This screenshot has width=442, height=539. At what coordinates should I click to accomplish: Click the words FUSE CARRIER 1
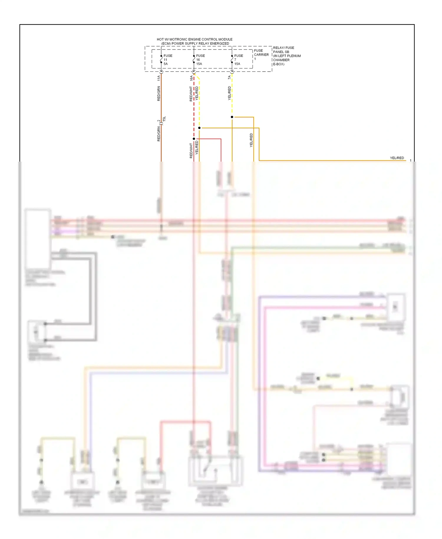coord(261,55)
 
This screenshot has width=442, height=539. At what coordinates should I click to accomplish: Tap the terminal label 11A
coord(159,78)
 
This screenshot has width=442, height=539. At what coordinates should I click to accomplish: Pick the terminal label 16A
coord(191,78)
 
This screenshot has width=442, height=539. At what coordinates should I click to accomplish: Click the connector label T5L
coord(164,119)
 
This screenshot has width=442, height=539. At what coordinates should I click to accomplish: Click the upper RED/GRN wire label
coord(159,94)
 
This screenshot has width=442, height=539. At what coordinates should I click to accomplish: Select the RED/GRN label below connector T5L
coord(159,134)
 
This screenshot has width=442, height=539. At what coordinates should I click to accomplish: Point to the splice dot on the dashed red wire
coord(194,139)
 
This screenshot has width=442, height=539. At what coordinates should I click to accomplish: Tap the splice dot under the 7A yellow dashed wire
coord(232,117)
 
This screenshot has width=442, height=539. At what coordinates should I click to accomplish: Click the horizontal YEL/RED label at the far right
coord(397,158)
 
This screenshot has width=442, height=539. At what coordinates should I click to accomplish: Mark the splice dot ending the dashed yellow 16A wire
coord(199,128)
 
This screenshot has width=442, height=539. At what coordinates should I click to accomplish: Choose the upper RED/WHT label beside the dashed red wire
coord(191,94)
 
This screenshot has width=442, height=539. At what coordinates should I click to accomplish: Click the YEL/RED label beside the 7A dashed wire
coord(229,93)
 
